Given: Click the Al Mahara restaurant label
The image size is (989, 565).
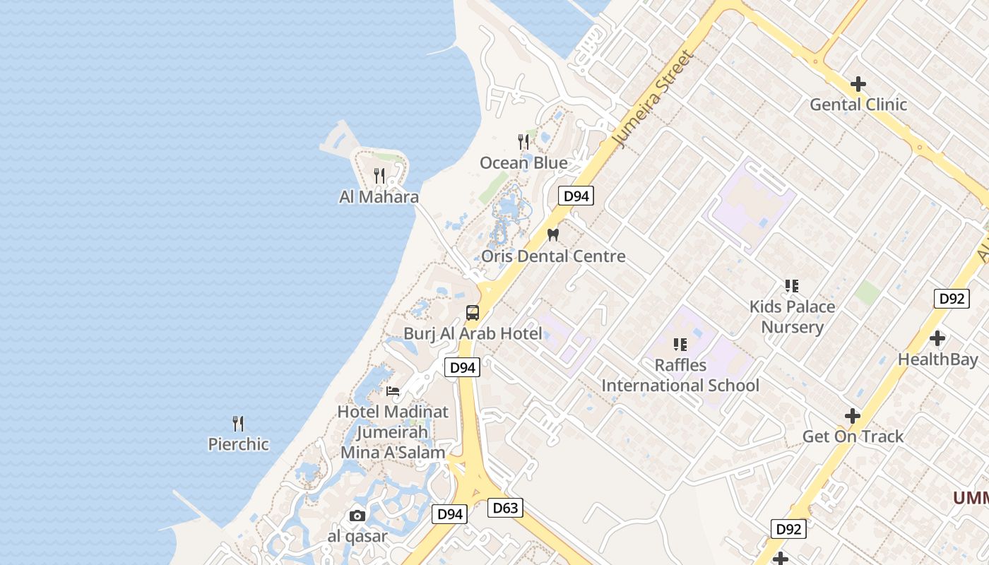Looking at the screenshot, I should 379,197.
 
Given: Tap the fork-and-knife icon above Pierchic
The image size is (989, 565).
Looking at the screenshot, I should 238,424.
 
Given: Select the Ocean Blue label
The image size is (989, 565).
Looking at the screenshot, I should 523,163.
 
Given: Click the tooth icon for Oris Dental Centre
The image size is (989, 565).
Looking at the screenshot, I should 553,234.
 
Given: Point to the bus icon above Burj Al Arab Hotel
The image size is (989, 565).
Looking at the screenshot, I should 473,312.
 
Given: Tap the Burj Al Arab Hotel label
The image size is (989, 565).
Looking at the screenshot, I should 473,333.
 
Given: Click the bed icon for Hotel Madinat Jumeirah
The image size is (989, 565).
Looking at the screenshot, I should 393,391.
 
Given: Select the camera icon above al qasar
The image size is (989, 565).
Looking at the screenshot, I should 357,516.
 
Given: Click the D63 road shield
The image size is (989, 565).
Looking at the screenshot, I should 505,507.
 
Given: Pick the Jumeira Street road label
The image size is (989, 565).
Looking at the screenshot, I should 654,99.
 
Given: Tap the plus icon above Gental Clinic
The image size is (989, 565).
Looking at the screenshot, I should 858,84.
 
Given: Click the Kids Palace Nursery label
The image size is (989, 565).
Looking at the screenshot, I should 792,316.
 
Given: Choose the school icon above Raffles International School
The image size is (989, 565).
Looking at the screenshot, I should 680,345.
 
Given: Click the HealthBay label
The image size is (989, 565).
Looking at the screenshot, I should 937,359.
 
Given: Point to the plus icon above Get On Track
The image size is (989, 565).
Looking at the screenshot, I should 853,416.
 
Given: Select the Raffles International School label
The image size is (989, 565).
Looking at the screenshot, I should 680,375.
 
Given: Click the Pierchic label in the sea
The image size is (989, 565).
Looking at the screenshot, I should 238,444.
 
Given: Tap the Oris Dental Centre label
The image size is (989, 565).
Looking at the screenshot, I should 553,256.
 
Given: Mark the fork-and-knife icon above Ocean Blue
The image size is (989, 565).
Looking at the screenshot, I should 523,142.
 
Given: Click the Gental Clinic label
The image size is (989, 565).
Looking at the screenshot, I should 858,105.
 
